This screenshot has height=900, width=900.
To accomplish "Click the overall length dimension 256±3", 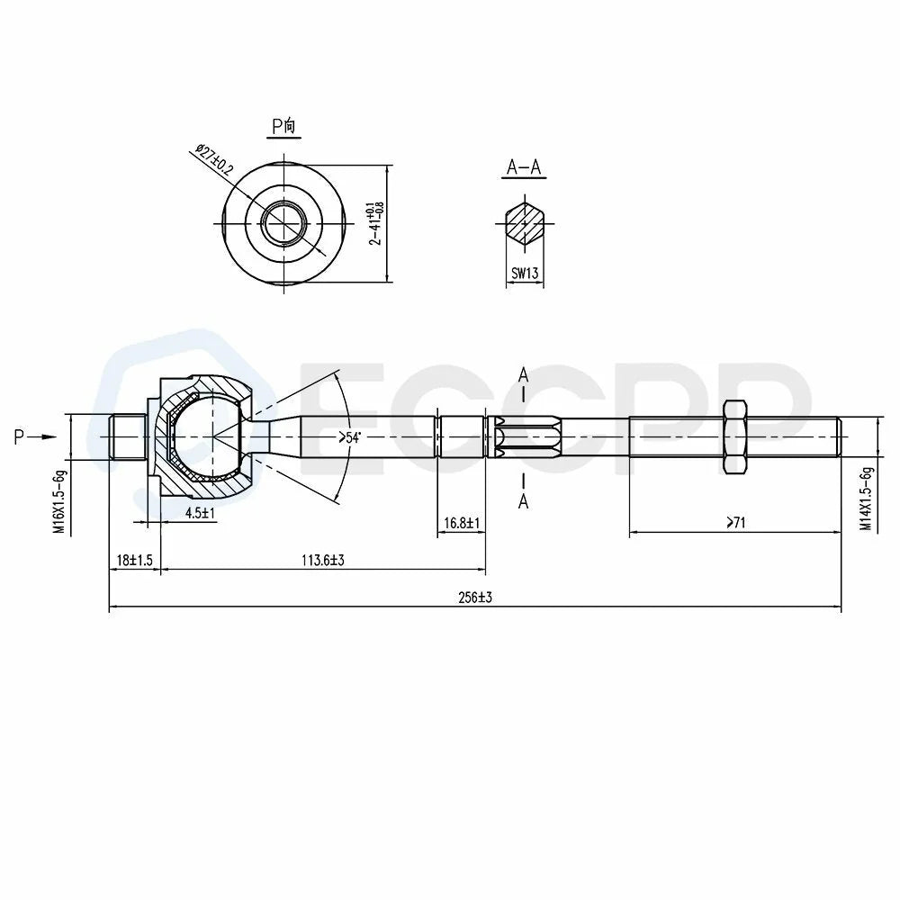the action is click(x=475, y=598).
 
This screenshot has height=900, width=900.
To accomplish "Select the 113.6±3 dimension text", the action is click(x=323, y=560).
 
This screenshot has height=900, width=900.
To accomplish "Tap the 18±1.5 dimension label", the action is click(x=135, y=560).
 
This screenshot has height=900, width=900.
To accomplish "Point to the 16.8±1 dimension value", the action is click(x=462, y=523).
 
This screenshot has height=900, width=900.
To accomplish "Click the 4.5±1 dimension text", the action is click(x=200, y=513).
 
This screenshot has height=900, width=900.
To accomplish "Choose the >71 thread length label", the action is click(x=735, y=522).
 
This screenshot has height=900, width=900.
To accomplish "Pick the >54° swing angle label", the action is click(x=349, y=438).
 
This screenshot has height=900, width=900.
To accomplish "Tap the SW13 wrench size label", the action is click(x=525, y=274).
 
